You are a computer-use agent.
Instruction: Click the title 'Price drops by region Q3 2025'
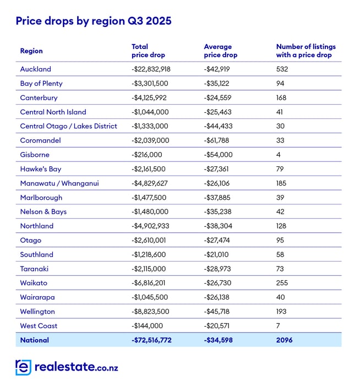click(x=94, y=21)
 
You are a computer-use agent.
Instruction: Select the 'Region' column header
click(x=31, y=51)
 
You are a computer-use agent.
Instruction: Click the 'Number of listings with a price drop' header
click(x=306, y=51)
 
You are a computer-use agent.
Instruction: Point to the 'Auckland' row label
click(x=35, y=69)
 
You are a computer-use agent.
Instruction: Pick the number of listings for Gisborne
click(x=279, y=155)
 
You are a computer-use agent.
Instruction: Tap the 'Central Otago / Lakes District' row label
click(x=68, y=126)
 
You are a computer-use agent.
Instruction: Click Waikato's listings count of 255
click(x=282, y=283)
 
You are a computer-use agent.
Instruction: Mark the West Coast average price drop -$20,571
click(x=219, y=326)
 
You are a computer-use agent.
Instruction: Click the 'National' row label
click(x=34, y=340)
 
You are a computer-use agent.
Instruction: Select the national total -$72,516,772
click(x=152, y=340)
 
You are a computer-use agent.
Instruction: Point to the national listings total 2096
click(x=284, y=340)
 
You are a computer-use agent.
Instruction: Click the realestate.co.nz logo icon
click(x=23, y=367)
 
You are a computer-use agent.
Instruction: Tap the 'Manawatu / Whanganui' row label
click(x=59, y=183)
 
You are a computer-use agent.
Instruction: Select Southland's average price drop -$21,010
click(x=219, y=254)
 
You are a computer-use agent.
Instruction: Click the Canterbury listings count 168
click(x=282, y=98)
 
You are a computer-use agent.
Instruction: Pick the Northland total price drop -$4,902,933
click(x=152, y=226)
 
